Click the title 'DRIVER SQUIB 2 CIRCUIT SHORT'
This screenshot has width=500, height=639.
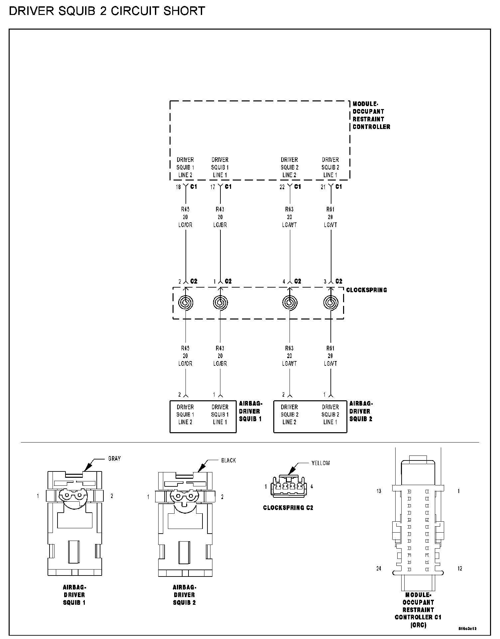pyautogui.click(x=107, y=11)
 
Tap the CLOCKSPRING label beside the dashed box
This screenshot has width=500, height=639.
pyautogui.click(x=366, y=290)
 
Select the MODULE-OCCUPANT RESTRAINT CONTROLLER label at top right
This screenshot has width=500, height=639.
pyautogui.click(x=371, y=115)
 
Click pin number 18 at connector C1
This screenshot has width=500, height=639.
pyautogui.click(x=178, y=187)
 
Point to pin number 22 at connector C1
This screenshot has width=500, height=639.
pyautogui.click(x=282, y=187)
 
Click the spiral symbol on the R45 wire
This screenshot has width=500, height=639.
pyautogui.click(x=186, y=303)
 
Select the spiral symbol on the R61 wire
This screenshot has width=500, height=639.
pyautogui.click(x=330, y=303)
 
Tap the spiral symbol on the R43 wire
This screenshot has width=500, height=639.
pyautogui.click(x=220, y=303)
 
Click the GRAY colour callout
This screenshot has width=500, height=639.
pyautogui.click(x=114, y=459)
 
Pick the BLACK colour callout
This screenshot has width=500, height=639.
pyautogui.click(x=228, y=460)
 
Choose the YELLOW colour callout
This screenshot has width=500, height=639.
pyautogui.click(x=320, y=463)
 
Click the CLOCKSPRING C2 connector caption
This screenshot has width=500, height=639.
pyautogui.click(x=288, y=508)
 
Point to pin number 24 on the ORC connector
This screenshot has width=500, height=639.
pyautogui.click(x=379, y=569)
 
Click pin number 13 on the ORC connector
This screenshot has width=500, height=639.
pyautogui.click(x=379, y=491)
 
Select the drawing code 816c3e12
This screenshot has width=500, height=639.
pyautogui.click(x=467, y=629)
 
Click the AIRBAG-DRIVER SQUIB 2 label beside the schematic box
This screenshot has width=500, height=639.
pyautogui.click(x=361, y=411)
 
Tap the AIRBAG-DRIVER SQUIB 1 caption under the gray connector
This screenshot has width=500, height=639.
pyautogui.click(x=74, y=595)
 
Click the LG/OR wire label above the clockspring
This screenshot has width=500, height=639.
pyautogui.click(x=185, y=225)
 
